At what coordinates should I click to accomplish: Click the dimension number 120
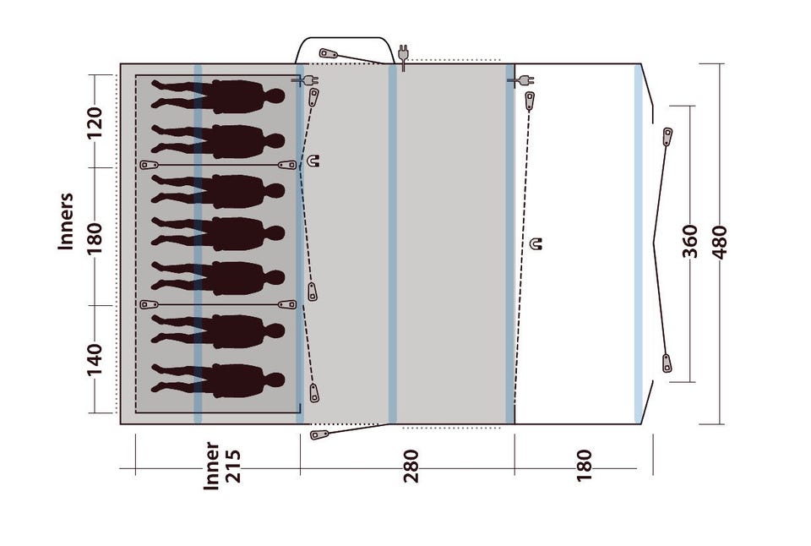coord(95,123)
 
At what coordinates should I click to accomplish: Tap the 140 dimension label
coord(95,360)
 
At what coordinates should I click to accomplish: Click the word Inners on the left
coord(66,221)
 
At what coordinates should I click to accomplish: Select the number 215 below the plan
coord(233,467)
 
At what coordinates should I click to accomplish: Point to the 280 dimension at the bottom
coord(411,467)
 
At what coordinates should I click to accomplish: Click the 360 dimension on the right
coord(690,241)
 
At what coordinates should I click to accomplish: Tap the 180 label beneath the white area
coord(584,465)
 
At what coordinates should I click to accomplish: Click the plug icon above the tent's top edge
coord(403,56)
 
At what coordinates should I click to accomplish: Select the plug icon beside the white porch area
coord(521,81)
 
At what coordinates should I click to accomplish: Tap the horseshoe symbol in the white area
coord(537,243)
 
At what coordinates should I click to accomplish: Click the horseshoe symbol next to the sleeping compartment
coord(313,161)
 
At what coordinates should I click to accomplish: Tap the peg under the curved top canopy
coord(329,54)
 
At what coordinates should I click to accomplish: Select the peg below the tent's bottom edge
coord(319,434)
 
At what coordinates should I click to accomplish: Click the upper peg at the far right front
coord(667,137)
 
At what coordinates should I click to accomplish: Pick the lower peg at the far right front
coord(667,363)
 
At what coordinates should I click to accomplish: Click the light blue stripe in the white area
coord(639,243)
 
